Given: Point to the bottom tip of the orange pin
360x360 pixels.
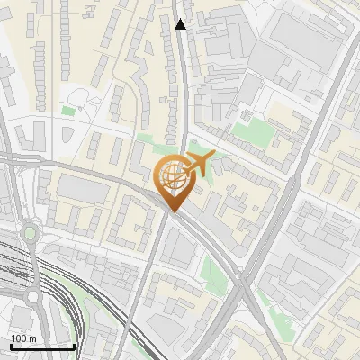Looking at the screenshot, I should (x=173, y=211).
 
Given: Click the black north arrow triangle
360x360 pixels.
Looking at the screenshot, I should (x=181, y=24).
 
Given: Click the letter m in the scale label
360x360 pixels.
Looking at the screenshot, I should (x=33, y=338).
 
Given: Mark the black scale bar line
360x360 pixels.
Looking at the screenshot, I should (x=42, y=346).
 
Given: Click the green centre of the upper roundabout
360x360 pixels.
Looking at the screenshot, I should (x=30, y=234).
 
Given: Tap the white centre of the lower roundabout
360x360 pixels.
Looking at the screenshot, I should (x=32, y=296).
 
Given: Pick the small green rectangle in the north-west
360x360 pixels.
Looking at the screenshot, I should (x=68, y=111).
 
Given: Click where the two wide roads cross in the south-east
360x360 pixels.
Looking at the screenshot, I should (x=244, y=282).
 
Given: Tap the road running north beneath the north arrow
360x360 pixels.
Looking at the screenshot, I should (x=183, y=90).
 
